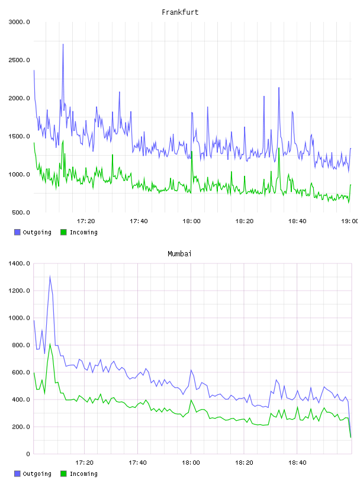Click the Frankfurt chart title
[x=180, y=12]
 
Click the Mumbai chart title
[x=179, y=253]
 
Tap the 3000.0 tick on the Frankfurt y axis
[x=19, y=22]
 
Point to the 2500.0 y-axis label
[x=19, y=60]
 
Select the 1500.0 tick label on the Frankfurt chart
[x=19, y=137]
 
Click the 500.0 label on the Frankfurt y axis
[x=21, y=212]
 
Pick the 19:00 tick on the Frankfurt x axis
[x=349, y=221]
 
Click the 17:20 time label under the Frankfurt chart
[x=86, y=221]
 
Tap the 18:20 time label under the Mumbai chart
[x=244, y=462]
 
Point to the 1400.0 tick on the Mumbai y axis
[x=19, y=263]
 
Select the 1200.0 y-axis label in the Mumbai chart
[x=19, y=291]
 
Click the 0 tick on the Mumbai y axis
[x=28, y=454]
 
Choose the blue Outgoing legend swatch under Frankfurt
[x=17, y=232]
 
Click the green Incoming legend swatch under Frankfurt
[x=63, y=232]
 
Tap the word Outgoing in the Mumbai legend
[x=37, y=474]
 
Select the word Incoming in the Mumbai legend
[x=83, y=474]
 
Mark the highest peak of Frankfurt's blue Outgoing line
[x=63, y=44]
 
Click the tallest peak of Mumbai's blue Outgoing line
[x=50, y=276]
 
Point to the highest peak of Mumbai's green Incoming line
[x=50, y=344]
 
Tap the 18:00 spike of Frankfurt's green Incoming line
[x=192, y=152]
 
